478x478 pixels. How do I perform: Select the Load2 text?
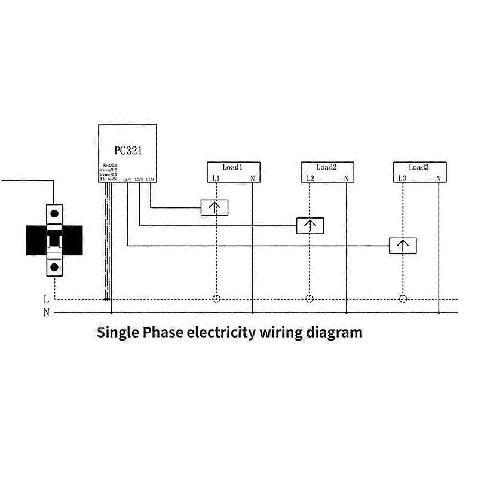326,167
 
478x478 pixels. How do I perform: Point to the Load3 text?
419,167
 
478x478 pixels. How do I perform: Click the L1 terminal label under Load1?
216,178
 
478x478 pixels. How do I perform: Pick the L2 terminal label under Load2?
309,178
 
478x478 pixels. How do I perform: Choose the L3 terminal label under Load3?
402,178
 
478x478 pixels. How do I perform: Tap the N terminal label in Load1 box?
253,178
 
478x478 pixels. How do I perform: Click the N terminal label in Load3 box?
439,178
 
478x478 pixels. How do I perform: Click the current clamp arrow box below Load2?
311,226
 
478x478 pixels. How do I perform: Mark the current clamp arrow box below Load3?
403,245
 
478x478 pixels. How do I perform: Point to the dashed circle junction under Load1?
216,299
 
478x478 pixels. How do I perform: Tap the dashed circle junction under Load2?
309,299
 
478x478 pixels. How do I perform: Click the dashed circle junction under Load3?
403,299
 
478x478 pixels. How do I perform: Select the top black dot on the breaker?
54,212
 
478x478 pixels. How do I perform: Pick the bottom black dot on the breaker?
54,267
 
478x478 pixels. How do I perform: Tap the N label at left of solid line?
46,312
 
